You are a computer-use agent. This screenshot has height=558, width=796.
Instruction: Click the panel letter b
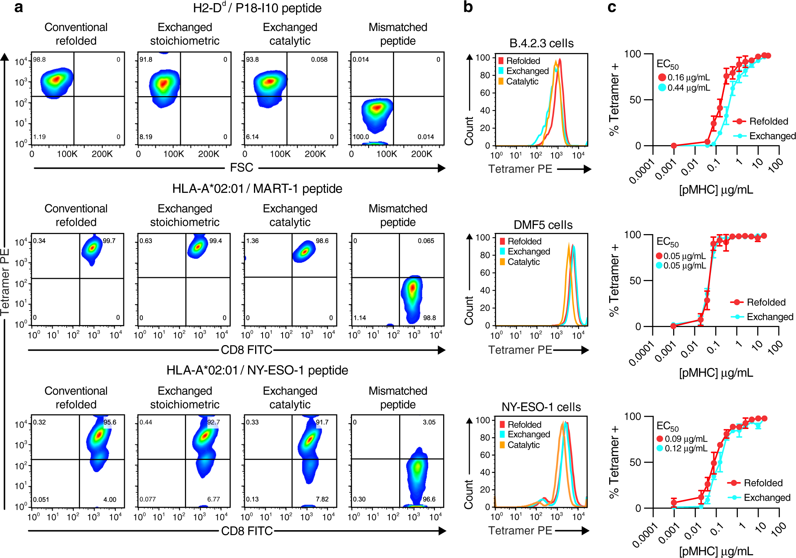[468, 7]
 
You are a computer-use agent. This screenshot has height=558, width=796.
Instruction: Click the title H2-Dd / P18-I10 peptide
[257, 8]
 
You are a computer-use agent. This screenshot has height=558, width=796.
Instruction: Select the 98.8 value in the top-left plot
[39, 60]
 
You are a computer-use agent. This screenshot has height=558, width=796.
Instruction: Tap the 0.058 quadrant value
[319, 60]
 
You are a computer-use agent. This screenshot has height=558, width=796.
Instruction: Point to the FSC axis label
[241, 168]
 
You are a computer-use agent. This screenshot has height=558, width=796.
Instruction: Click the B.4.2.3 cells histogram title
[541, 43]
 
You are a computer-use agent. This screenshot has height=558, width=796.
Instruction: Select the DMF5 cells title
[543, 225]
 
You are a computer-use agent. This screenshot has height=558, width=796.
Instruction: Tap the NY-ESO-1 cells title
[541, 407]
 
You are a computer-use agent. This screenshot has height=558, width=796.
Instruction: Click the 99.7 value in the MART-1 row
[109, 241]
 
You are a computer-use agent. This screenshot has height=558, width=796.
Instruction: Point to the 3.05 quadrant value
[429, 422]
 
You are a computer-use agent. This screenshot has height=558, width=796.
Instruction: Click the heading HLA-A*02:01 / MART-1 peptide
[257, 189]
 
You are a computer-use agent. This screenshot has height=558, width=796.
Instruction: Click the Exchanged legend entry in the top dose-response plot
[772, 136]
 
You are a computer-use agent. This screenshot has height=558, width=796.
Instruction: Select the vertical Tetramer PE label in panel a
[5, 282]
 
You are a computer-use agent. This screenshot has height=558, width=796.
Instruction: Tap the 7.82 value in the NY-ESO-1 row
[322, 499]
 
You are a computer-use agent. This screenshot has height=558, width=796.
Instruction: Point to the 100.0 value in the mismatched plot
[361, 137]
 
